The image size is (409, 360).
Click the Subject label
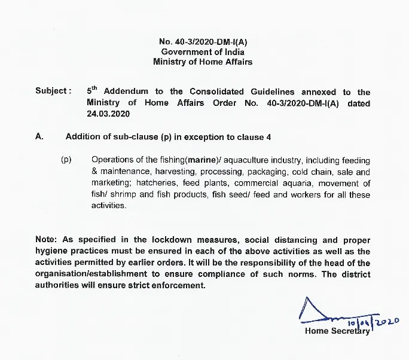coord(53,91)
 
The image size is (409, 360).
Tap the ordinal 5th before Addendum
coord(91,91)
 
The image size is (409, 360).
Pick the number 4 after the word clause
coord(261,136)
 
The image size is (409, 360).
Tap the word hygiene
coord(52,251)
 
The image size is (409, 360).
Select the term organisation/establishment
coord(93,274)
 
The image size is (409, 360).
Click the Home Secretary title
coord(337,331)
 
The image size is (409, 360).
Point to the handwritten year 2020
coord(387,323)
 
